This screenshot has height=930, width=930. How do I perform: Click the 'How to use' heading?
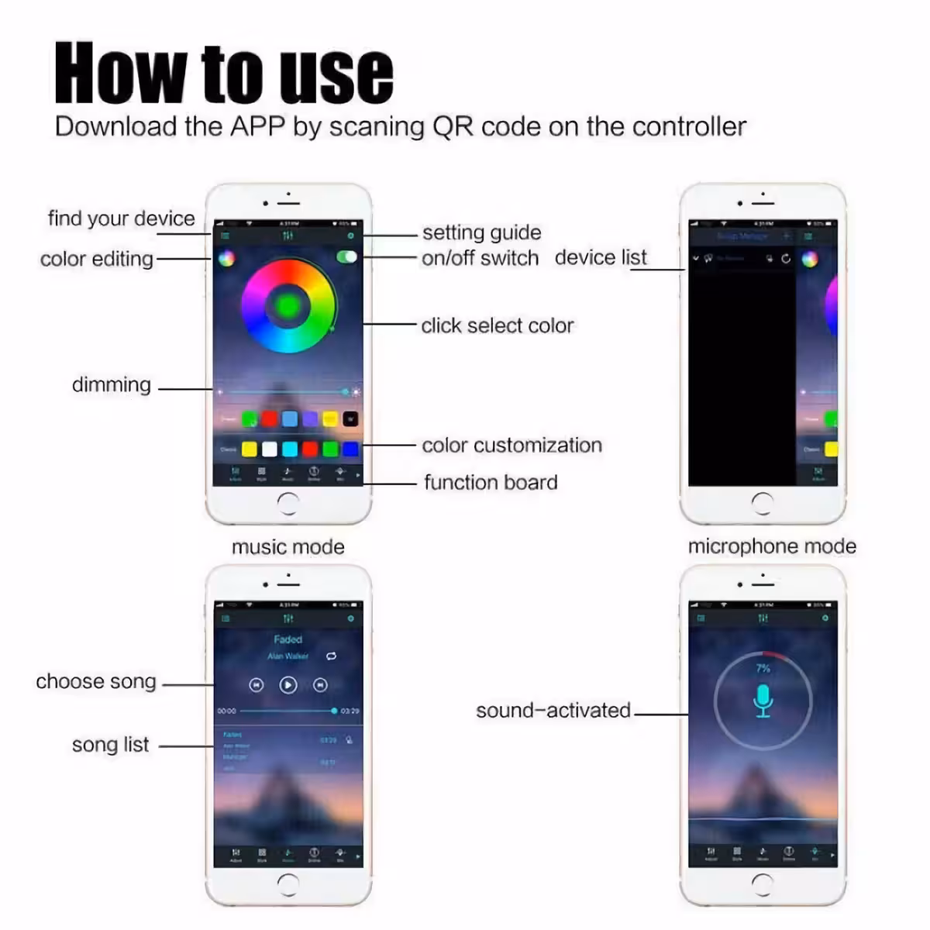coord(224,74)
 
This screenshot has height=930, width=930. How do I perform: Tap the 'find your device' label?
coord(121,219)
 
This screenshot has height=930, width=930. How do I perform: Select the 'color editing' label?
coord(97,259)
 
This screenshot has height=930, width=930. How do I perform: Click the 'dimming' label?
coord(112,385)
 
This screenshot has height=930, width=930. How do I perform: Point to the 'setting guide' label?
coord(481,232)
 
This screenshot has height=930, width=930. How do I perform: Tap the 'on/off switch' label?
coord(480,258)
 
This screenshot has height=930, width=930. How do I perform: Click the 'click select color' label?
coord(497,325)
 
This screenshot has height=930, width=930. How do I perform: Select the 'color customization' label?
coord(511,446)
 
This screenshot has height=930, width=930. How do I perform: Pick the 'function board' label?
coord(491,482)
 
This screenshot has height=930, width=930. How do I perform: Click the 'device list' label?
coord(601,257)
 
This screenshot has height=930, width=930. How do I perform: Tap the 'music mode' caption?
coord(288,547)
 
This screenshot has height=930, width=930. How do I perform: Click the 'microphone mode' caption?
coord(772,546)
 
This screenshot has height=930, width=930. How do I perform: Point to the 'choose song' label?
coord(96,682)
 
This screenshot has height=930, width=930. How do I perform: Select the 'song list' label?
coord(110,745)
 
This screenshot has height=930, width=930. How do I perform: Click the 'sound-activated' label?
coord(553,711)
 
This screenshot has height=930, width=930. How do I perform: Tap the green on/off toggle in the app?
coord(346,257)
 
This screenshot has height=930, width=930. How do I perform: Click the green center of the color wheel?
coord(288,305)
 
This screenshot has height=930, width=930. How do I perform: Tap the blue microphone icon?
coord(763,699)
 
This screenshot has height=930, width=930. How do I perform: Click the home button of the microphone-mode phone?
coord(763,884)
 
